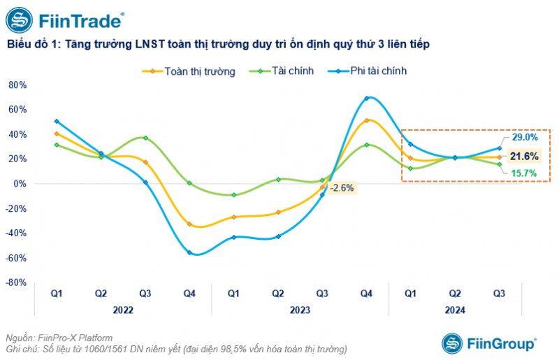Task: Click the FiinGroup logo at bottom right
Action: pyautogui.click(x=488, y=343)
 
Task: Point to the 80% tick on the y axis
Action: pyautogui.click(x=17, y=85)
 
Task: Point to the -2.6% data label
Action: pyautogui.click(x=342, y=187)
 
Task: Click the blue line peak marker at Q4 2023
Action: pyautogui.click(x=367, y=98)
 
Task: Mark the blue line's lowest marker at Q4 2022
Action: pyautogui.click(x=189, y=252)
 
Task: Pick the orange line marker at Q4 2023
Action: pyautogui.click(x=367, y=120)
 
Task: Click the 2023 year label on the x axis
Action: pyautogui.click(x=300, y=309)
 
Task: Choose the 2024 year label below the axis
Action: pyautogui.click(x=455, y=309)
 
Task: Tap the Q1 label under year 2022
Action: pyautogui.click(x=57, y=294)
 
